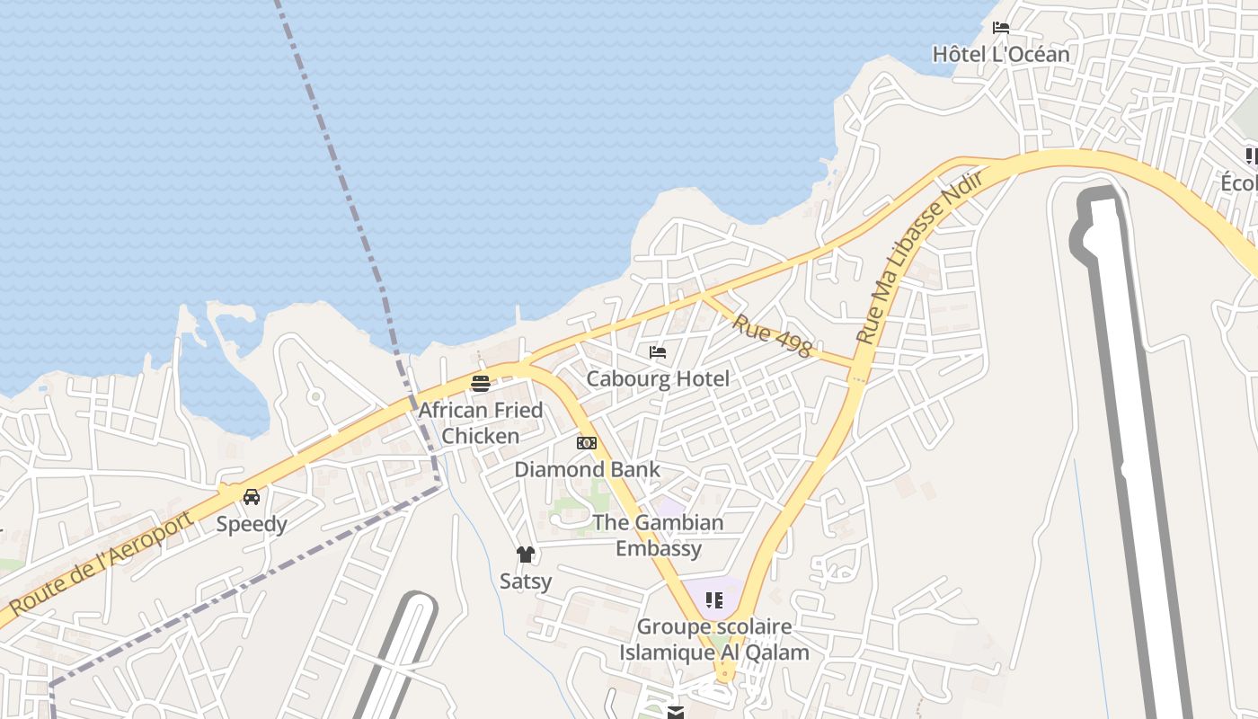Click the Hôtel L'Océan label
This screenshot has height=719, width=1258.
click(1001, 54)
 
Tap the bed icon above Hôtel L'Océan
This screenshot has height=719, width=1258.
click(1001, 28)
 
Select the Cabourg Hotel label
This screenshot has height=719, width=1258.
click(658, 378)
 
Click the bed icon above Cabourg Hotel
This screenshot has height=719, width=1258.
click(658, 352)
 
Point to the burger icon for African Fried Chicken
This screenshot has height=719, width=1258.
click(481, 384)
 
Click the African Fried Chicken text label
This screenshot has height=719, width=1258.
click(481, 422)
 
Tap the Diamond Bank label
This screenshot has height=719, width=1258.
click(587, 469)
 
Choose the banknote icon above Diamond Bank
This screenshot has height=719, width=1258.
click(587, 443)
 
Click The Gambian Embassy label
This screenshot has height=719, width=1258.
click(658, 535)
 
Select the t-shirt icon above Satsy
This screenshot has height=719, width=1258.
click(526, 555)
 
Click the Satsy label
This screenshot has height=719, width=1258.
click(526, 581)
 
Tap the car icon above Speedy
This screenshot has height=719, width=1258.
click(252, 497)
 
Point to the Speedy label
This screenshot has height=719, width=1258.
click(252, 524)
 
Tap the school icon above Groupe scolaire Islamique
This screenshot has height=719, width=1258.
click(714, 599)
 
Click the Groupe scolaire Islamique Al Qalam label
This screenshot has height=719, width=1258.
click(714, 639)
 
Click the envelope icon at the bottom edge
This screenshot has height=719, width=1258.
click(676, 713)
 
